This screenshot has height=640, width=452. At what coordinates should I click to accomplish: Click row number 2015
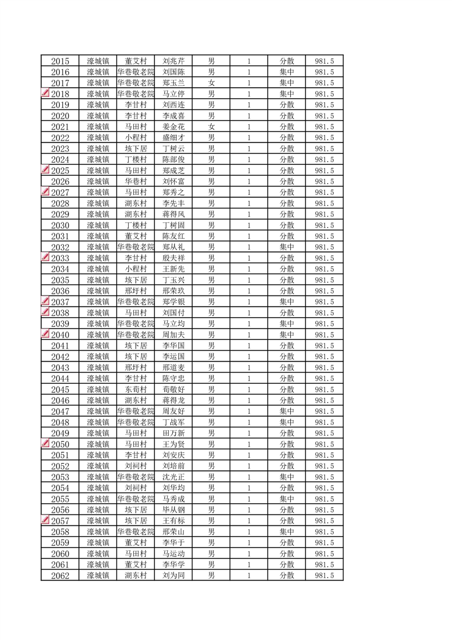click(60, 61)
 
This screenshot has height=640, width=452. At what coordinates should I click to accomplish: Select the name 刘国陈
click(173, 72)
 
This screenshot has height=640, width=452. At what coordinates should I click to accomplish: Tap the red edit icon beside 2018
click(46, 94)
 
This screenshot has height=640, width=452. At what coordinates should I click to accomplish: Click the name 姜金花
click(173, 127)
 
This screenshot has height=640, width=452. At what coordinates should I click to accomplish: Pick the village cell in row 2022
click(136, 137)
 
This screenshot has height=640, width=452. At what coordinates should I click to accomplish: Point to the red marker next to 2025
click(46, 170)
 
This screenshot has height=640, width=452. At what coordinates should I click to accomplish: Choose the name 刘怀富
click(173, 181)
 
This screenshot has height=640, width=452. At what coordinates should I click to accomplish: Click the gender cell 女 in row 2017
click(211, 83)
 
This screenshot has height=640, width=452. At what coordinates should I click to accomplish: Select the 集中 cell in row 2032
click(287, 247)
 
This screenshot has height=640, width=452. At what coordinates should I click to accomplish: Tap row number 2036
click(60, 291)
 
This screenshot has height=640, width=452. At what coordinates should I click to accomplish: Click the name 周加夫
click(173, 335)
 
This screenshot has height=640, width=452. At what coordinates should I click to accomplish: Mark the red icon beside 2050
click(46, 444)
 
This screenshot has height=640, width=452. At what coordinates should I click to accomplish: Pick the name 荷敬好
click(173, 389)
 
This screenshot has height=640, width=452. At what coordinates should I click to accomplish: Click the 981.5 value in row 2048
click(324, 422)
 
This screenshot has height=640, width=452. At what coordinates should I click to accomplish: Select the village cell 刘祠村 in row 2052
click(136, 466)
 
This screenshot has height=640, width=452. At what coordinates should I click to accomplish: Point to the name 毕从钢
click(173, 510)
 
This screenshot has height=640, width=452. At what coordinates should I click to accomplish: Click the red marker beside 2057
click(46, 520)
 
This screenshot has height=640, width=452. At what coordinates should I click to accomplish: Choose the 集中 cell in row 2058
click(287, 532)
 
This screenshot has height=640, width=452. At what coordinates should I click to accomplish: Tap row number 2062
click(60, 576)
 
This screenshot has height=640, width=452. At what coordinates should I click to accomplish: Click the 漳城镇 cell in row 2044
click(97, 378)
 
